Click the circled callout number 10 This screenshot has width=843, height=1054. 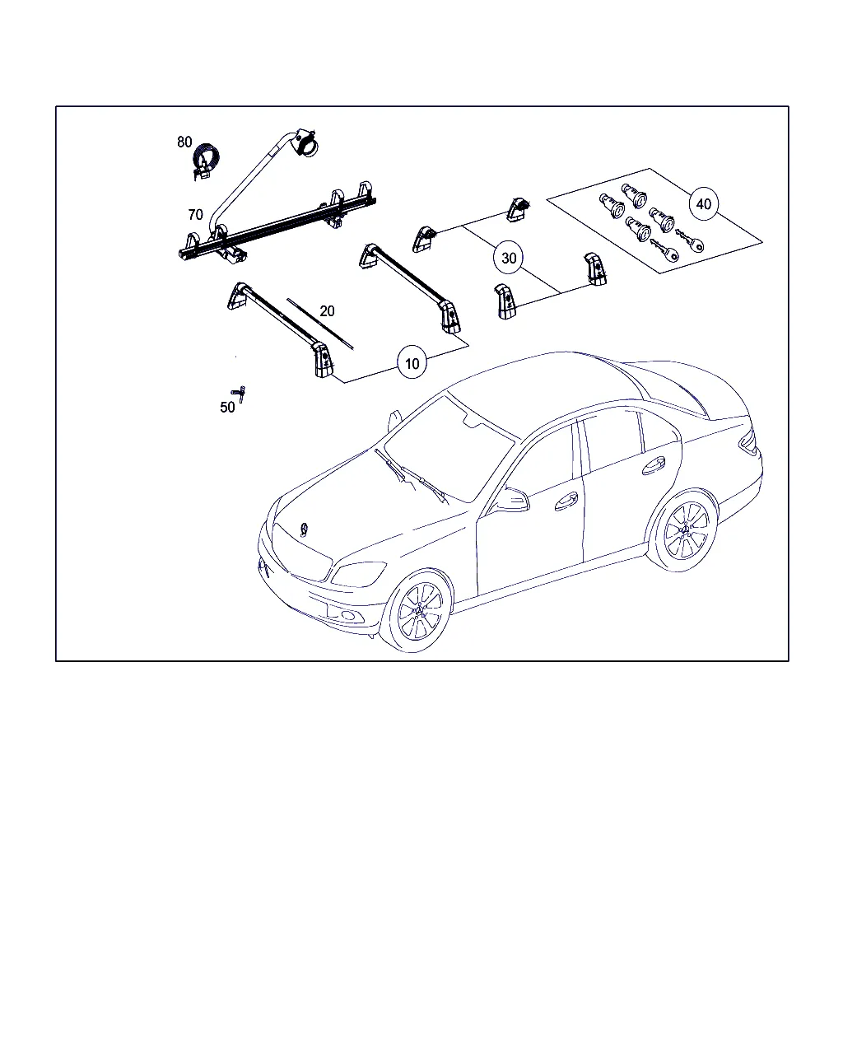[412, 363]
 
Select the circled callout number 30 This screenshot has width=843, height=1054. [509, 258]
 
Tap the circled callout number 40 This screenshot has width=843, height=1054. [703, 204]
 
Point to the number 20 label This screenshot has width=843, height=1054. [327, 311]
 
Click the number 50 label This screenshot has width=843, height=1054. [227, 408]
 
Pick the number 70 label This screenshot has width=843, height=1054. [195, 215]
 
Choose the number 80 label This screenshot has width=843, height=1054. [184, 142]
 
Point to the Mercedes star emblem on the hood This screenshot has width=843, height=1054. [305, 529]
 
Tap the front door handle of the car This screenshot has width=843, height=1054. [566, 501]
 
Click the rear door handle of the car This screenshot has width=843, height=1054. [654, 464]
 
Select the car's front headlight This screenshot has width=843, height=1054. [359, 573]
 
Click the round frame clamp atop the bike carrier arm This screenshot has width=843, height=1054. [306, 143]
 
